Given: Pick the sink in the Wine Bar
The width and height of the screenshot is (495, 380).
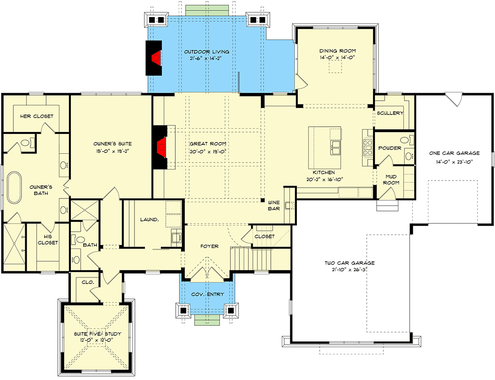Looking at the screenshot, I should pyautogui.click(x=288, y=206).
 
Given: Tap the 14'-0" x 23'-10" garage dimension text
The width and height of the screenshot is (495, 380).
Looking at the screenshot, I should pyautogui.click(x=453, y=161).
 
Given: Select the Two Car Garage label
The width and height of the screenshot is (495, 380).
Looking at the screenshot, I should pyautogui.click(x=350, y=263).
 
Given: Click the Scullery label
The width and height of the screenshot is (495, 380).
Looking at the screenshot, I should pyautogui.click(x=390, y=113).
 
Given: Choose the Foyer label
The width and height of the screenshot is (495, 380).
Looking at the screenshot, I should pyautogui.click(x=209, y=246).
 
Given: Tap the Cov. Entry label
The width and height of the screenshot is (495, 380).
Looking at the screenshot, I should pyautogui.click(x=208, y=294).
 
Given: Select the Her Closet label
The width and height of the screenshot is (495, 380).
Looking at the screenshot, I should pyautogui.click(x=37, y=116).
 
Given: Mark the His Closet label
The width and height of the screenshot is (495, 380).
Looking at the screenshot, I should pyautogui.click(x=48, y=239).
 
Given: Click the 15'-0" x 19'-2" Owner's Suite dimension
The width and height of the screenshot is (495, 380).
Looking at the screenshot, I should pyautogui.click(x=112, y=152).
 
